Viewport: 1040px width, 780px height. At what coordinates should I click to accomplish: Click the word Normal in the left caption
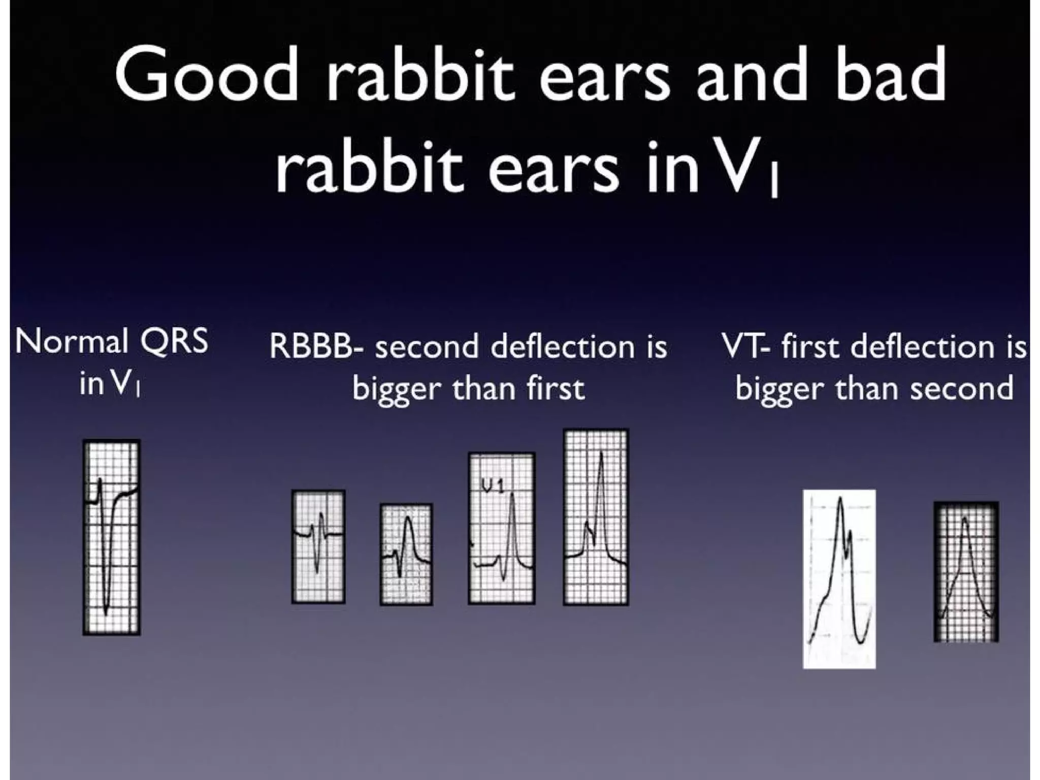click(x=71, y=341)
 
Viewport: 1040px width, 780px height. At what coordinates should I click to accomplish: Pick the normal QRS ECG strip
click(x=112, y=537)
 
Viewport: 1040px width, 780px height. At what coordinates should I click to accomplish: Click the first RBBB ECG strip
click(x=318, y=546)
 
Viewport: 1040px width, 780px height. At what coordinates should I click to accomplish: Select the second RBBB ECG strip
click(x=406, y=555)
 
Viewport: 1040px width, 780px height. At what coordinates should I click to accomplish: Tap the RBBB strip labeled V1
click(x=502, y=528)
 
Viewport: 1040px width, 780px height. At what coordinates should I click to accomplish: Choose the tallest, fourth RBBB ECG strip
click(x=596, y=517)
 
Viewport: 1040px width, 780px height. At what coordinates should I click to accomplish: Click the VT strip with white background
click(x=839, y=579)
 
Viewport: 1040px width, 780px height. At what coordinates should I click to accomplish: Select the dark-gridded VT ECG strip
click(x=966, y=572)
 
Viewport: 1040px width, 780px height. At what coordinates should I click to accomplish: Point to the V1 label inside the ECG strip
click(x=493, y=486)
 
